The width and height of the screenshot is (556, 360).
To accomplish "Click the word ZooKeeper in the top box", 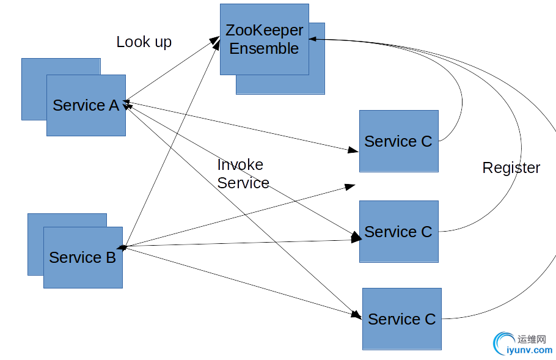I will pos(265,30).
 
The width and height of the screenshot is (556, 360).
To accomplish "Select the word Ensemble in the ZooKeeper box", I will pos(264,48).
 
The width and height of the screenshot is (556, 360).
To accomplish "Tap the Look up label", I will pos(144,42).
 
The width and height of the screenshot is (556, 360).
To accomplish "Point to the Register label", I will pos(511,167).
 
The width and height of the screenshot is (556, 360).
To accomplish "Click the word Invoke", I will pos(240,164).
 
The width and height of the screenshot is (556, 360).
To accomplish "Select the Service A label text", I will pos(86,105).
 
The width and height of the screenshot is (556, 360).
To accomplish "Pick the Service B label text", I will pos(82,257).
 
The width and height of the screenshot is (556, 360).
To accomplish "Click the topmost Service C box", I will pos(398,141).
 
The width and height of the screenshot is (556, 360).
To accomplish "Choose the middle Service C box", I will pos(398,232).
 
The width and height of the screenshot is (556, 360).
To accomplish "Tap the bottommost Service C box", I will pos(401,319).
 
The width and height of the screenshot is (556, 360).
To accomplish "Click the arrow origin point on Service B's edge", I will pos(123,247).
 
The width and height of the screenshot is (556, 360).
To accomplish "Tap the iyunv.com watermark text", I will pos(530,350).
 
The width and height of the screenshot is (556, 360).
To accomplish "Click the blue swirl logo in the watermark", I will pos(503,342).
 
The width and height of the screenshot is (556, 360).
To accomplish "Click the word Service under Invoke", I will pos(243,183).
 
